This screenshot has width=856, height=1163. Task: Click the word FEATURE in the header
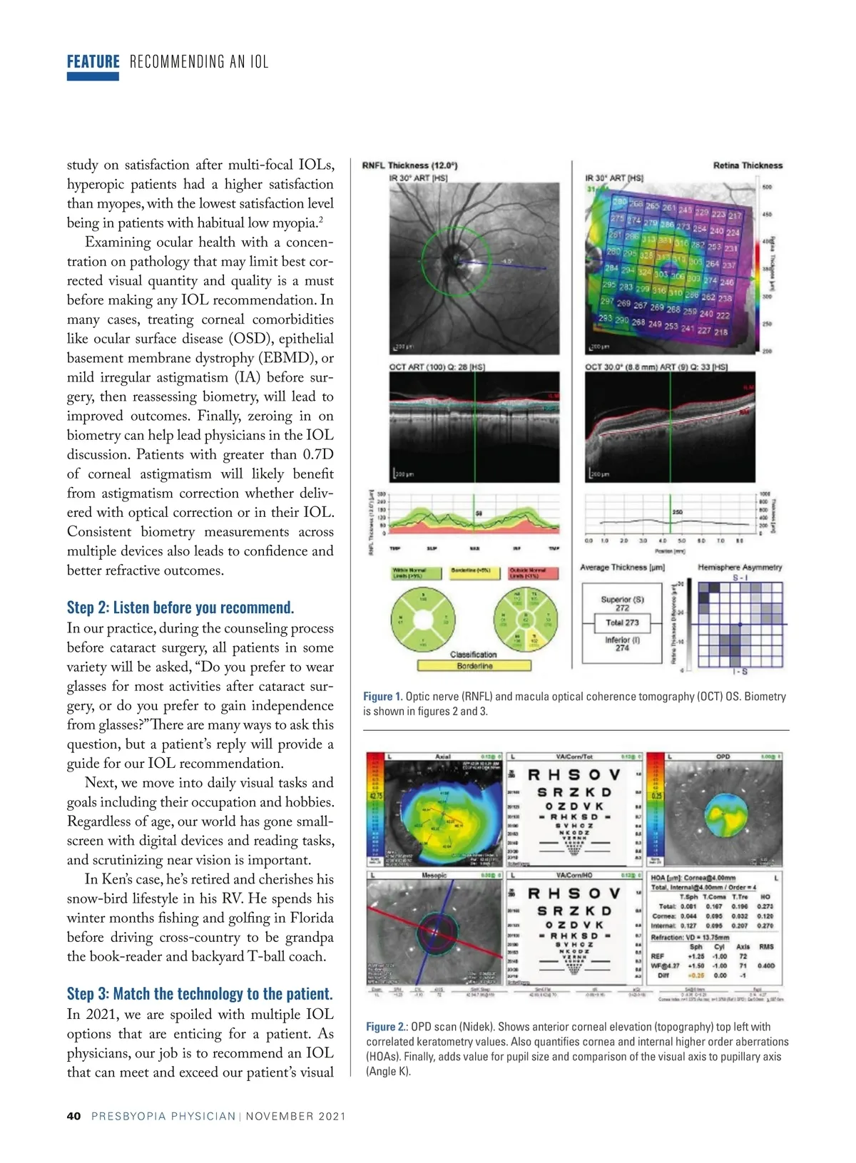[x=93, y=61]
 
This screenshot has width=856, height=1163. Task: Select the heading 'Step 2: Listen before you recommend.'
[x=180, y=608]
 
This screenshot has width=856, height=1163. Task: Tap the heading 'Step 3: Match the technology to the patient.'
[x=200, y=994]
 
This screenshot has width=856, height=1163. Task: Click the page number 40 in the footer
[x=73, y=1116]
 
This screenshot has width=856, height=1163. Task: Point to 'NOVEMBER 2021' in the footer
[x=296, y=1116]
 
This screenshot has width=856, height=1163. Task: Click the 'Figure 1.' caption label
[x=383, y=697]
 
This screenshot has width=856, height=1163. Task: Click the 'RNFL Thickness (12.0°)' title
[x=409, y=165]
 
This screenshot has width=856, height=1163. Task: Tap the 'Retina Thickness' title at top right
[x=748, y=165]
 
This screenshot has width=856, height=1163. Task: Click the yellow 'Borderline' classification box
[x=474, y=666]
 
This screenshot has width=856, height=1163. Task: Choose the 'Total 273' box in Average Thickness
[x=622, y=623]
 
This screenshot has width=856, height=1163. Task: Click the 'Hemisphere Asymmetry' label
[x=740, y=568]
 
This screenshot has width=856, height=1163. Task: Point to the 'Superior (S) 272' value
[x=622, y=603]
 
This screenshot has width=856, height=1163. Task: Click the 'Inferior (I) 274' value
[x=622, y=644]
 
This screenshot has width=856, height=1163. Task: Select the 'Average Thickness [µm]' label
[x=622, y=568]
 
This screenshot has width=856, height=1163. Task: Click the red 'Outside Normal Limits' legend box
[x=527, y=573]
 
